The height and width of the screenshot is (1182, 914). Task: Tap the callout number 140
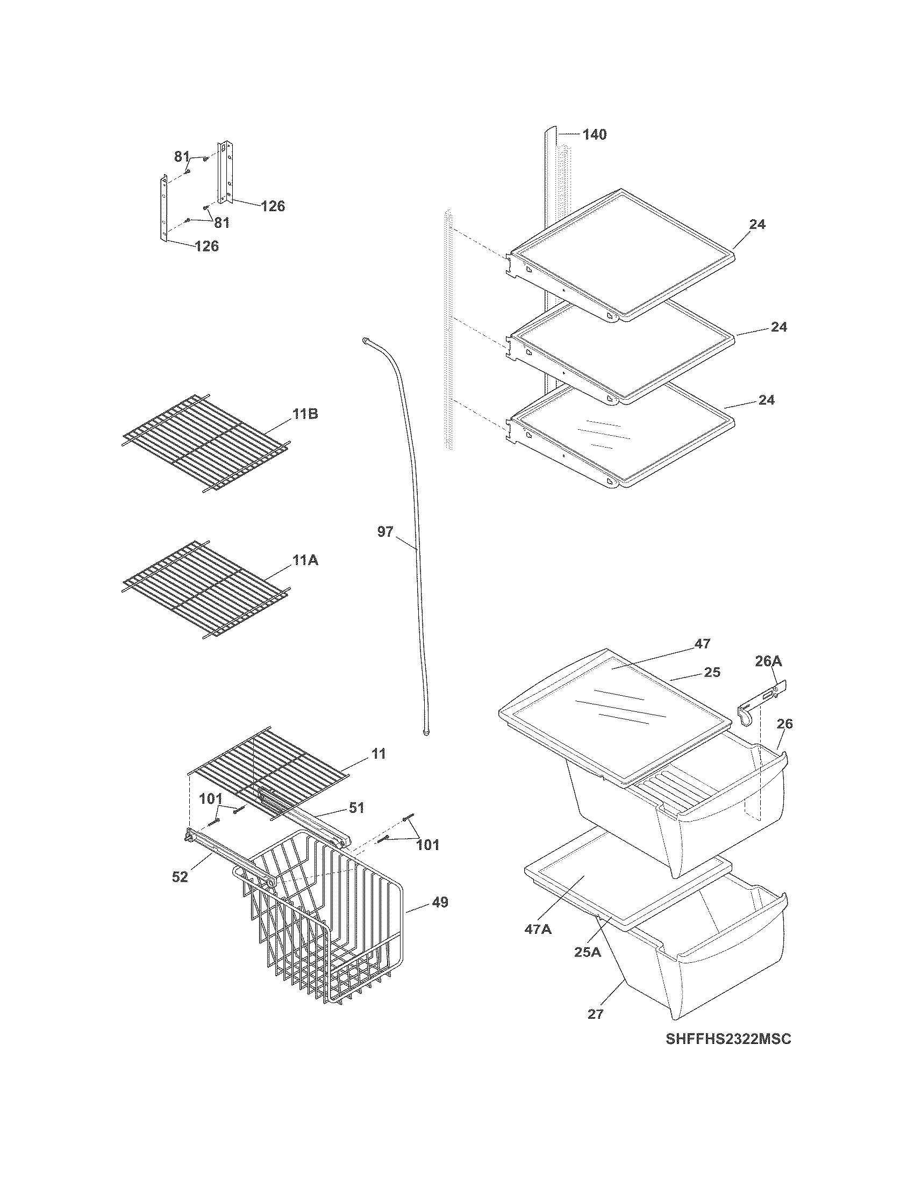594,134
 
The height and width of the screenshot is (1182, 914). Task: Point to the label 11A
305,561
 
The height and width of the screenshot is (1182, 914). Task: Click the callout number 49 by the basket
440,903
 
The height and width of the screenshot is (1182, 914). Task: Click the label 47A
538,929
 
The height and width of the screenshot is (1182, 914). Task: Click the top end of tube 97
367,340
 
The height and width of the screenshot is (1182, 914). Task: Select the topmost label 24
757,224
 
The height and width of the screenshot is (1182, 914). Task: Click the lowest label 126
207,246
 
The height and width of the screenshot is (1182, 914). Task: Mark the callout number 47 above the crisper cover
702,644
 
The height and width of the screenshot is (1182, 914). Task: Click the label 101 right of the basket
427,845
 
